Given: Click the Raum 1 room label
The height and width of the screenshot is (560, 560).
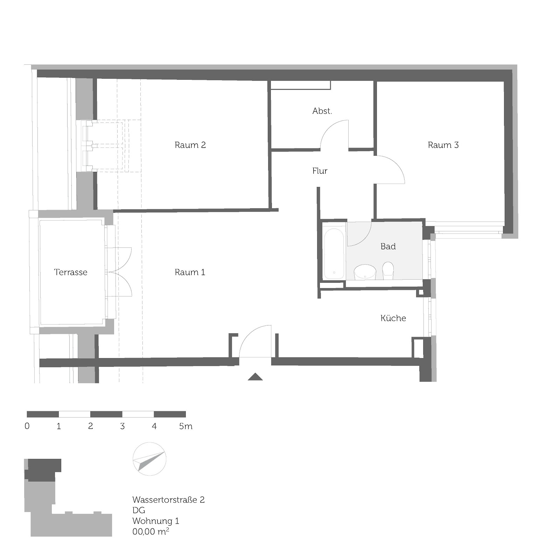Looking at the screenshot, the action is tap(190, 272).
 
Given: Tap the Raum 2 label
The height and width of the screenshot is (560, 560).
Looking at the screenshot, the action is tap(190, 145).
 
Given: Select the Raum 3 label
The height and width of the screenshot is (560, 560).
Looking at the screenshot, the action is tap(443, 145).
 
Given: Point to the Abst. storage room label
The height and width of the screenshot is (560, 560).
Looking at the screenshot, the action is tap(322, 111).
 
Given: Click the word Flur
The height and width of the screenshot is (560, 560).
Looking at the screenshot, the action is tap(320, 171).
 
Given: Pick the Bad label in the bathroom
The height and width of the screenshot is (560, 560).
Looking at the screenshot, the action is tap(388, 246).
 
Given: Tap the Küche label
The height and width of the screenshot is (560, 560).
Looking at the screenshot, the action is tap(393, 318).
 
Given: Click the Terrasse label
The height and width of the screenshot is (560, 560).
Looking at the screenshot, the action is tap(71, 272).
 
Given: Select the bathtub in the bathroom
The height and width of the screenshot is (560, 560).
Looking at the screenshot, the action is tap(334, 254).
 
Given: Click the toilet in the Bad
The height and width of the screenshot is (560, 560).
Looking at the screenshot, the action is tap(388, 271).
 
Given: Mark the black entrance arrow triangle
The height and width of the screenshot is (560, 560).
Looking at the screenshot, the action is tap(255, 377).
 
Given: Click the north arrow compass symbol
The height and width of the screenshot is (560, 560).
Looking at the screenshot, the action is tap(149, 459).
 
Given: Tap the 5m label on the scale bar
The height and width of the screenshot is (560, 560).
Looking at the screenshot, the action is tap(186, 426).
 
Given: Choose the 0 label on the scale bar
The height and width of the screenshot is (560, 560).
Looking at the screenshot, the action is tap(27, 426).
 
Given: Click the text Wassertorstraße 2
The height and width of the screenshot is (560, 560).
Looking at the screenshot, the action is tap(168, 500).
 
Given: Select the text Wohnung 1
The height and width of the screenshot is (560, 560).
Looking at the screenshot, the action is tap(156, 521).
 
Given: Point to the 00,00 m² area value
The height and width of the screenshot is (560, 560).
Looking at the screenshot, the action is tap(151, 531).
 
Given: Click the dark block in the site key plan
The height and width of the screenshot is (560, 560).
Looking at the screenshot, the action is tap(43, 470).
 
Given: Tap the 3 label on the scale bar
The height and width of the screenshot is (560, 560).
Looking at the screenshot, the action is tap(122, 426).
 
